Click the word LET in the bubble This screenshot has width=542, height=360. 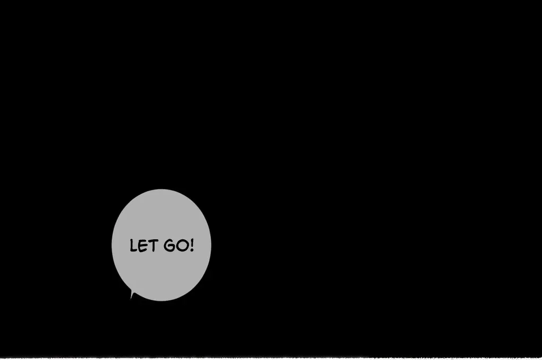pos(142,246)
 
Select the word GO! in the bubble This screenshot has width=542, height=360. pos(177,245)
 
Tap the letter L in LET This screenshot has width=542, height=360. pos(133,246)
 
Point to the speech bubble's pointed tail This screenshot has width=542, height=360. pos(131,296)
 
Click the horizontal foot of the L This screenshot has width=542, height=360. pos(134,251)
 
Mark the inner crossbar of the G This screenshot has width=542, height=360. pos(169,247)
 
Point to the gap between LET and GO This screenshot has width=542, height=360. pos(158,246)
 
